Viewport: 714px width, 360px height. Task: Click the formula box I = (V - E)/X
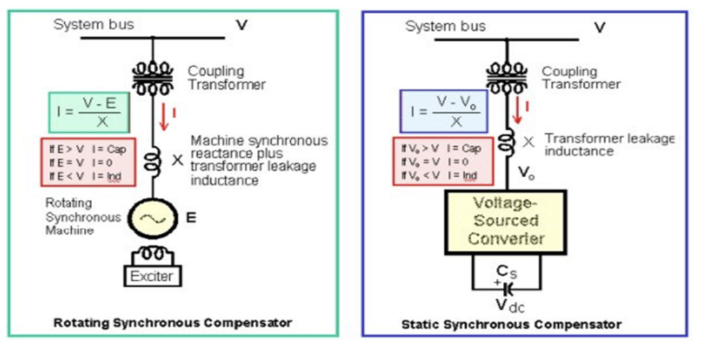pyautogui.click(x=89, y=112)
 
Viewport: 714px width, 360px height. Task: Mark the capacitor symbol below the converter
pyautogui.click(x=508, y=287)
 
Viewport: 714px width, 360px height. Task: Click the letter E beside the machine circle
pyautogui.click(x=191, y=219)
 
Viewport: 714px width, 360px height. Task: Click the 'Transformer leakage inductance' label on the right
pyautogui.click(x=609, y=144)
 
